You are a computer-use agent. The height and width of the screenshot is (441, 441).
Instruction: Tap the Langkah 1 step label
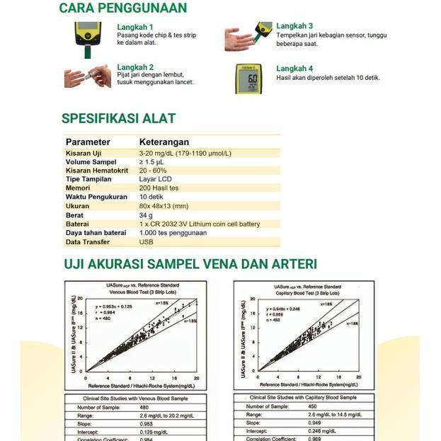click(x=135, y=27)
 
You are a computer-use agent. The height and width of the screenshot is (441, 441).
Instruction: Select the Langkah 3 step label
click(x=294, y=26)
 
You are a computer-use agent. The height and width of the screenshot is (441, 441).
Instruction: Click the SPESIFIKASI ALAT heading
click(x=118, y=118)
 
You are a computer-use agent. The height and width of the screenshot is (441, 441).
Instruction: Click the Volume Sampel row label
click(x=91, y=162)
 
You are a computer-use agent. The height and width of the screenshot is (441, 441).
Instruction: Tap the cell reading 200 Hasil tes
click(x=159, y=188)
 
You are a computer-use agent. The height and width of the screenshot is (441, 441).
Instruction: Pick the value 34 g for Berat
click(x=146, y=215)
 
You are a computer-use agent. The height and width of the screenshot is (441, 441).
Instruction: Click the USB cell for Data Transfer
click(x=146, y=242)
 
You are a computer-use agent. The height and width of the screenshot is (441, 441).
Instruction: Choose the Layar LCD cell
click(x=155, y=180)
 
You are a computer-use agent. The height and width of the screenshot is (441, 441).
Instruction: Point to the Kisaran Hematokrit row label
click(x=98, y=171)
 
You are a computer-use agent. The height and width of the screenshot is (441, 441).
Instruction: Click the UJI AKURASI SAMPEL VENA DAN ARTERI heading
click(x=190, y=265)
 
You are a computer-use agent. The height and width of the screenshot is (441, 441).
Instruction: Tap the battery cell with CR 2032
click(x=200, y=224)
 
